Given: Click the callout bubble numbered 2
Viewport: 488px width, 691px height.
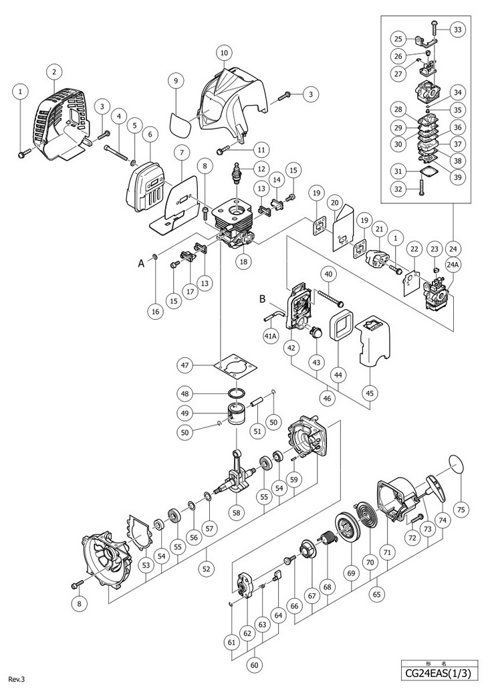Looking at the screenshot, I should pyautogui.click(x=53, y=72).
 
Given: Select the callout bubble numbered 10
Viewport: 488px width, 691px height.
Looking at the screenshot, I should pyautogui.click(x=223, y=52).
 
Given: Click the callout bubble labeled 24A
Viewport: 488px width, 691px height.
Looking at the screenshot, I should pyautogui.click(x=453, y=266).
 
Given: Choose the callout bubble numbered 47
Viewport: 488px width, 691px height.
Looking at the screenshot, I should pyautogui.click(x=187, y=365).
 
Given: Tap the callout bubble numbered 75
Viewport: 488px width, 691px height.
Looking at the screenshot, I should pyautogui.click(x=460, y=508).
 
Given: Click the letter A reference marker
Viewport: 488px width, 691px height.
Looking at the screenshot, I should pyautogui.click(x=140, y=264).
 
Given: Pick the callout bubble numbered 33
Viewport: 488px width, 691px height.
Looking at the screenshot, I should pyautogui.click(x=457, y=29).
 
